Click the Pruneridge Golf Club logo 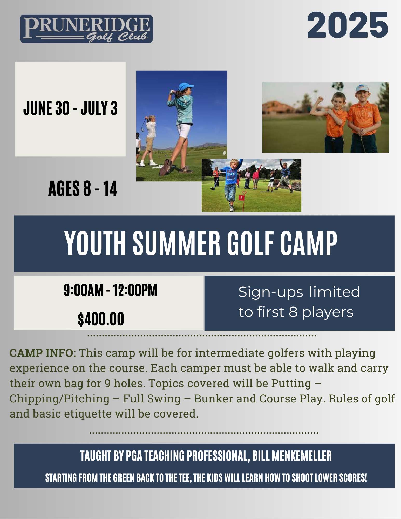[86, 29]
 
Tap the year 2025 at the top [348, 25]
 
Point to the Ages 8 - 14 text [83, 189]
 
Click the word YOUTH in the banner [95, 243]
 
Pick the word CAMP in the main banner [309, 243]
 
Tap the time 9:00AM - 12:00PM [110, 290]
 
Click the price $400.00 [101, 319]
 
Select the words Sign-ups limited [299, 292]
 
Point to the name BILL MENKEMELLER [292, 456]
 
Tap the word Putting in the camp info [291, 384]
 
